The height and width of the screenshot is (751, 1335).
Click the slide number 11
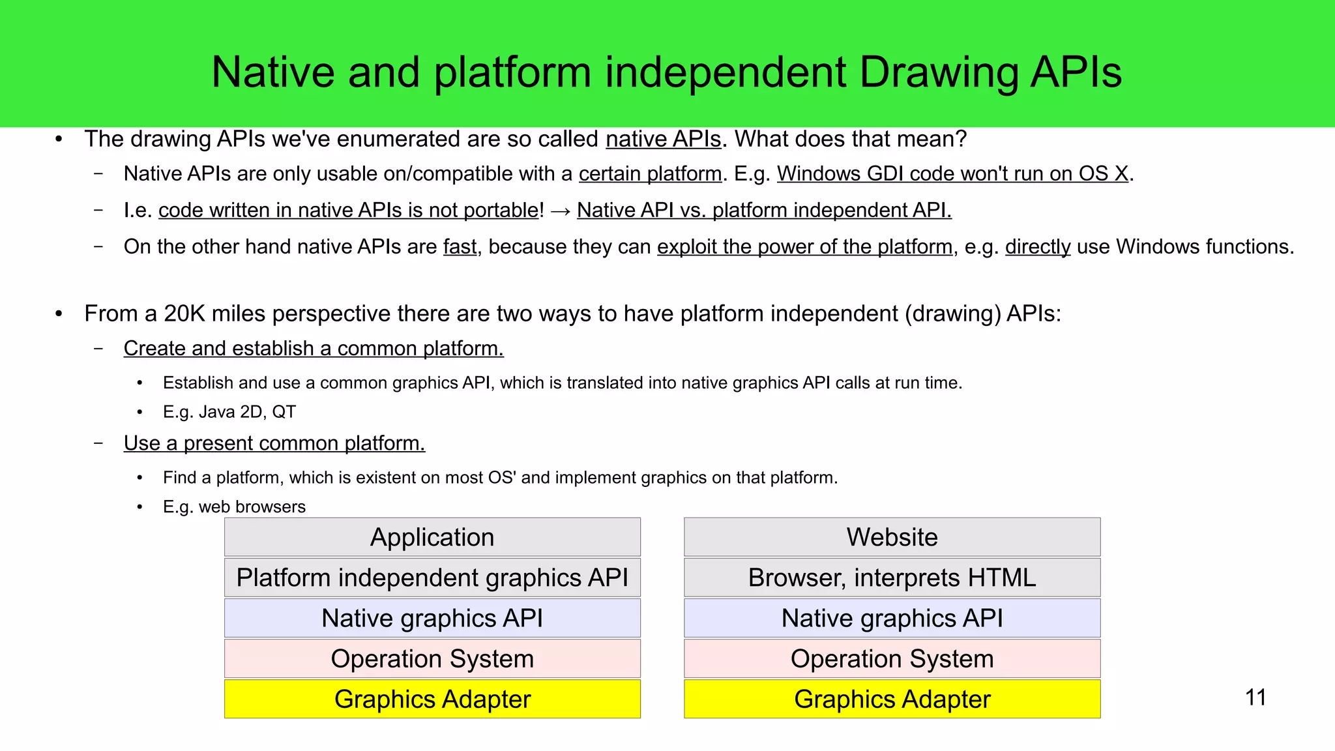[1255, 698]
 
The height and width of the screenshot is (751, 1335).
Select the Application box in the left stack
[432, 537]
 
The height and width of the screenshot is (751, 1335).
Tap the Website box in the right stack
[892, 537]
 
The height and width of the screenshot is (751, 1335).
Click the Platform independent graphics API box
[432, 578]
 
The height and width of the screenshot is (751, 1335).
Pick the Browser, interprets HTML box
[892, 578]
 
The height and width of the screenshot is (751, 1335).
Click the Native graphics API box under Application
[432, 618]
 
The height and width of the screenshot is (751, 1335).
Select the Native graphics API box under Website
[892, 618]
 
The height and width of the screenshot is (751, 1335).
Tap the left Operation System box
[432, 658]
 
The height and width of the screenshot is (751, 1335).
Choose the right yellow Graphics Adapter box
[892, 699]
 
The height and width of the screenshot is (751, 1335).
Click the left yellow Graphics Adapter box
[432, 699]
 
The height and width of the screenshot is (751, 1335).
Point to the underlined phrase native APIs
[663, 140]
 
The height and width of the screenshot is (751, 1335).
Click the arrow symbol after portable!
[561, 211]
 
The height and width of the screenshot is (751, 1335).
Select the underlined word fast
[460, 247]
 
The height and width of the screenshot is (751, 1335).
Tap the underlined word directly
[1038, 247]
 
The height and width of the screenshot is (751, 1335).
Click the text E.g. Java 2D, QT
[229, 412]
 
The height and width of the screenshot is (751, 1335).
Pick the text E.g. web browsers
[234, 507]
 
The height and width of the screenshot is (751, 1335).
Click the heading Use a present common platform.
[274, 443]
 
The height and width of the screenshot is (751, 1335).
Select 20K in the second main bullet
[184, 314]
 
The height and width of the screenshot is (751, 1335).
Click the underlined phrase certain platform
[650, 174]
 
